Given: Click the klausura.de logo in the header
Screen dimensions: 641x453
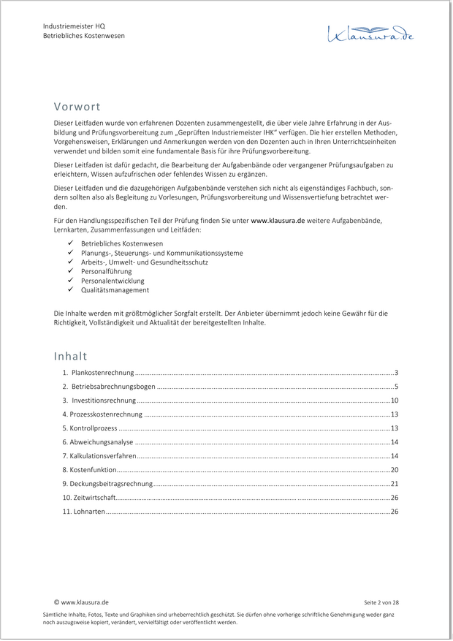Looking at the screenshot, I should pos(370,32).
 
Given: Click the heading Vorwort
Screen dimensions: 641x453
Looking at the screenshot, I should pos(77,107).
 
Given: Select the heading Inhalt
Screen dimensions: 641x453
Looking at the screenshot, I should pos(70,356).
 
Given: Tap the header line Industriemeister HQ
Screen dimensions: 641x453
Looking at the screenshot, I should pos(74,26).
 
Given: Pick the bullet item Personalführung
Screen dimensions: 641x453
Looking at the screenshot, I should pos(106,271).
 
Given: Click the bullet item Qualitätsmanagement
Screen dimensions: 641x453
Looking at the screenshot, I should pos(115,290).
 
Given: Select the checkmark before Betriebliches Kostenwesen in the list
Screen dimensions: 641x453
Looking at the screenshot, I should pos(71,243).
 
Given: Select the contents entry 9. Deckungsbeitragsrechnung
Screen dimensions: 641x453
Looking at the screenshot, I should pos(107,484).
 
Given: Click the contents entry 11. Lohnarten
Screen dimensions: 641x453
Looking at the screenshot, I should pos(83,512).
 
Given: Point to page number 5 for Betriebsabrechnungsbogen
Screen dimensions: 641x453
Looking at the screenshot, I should pos(396,387).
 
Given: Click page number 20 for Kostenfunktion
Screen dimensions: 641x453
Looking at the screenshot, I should pos(394,470).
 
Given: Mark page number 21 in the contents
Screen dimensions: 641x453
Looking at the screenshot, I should pos(394,484).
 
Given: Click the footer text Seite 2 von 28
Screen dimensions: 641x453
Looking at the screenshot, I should pos(381,602).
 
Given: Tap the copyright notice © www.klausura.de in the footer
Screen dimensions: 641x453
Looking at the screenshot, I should pos(81,602).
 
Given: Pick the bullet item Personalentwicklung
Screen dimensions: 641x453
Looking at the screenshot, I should pos(113,281).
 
